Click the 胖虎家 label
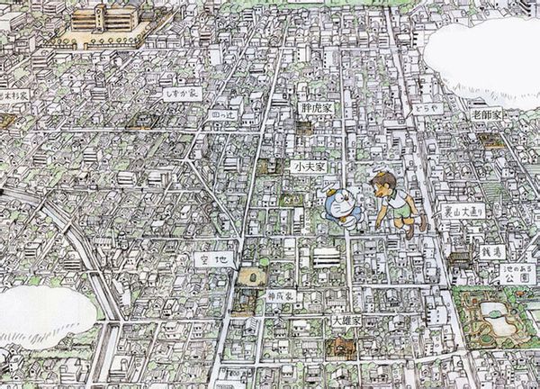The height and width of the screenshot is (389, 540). (316, 107)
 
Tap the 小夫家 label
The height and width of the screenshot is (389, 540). (308, 167)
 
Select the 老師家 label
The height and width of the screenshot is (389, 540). (486, 115)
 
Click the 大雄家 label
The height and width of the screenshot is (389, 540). (346, 321)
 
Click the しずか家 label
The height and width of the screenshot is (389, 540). (181, 93)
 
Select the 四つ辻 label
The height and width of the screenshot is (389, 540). (220, 115)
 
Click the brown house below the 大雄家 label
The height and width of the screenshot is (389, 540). (342, 345)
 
